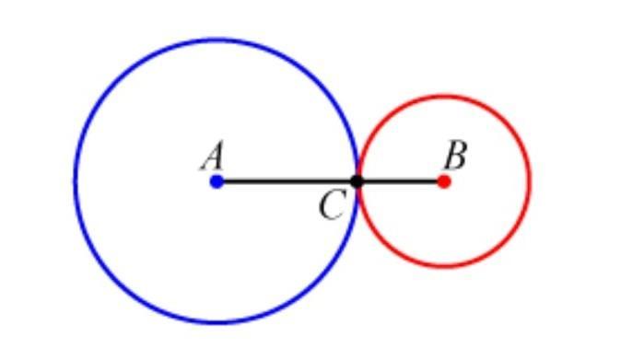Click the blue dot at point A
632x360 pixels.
[x=217, y=181]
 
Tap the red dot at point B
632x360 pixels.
[x=444, y=181]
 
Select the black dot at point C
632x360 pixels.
[x=357, y=181]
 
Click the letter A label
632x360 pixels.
[x=213, y=157]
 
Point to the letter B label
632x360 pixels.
[x=455, y=156]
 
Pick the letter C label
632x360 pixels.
[x=332, y=205]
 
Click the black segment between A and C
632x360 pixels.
[x=287, y=181]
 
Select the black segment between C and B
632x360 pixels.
[x=400, y=181]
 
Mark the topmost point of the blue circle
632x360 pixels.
[x=217, y=40]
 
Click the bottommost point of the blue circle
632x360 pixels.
[x=217, y=322]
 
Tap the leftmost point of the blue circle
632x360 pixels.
[x=76, y=181]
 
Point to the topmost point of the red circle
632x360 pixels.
[x=444, y=97]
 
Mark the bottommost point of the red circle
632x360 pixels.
[x=444, y=266]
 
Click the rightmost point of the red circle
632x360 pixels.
[x=529, y=181]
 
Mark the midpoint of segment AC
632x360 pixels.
[x=287, y=181]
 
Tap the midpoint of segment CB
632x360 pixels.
[x=400, y=181]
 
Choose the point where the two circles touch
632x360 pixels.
[x=357, y=181]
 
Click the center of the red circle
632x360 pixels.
[x=444, y=181]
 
